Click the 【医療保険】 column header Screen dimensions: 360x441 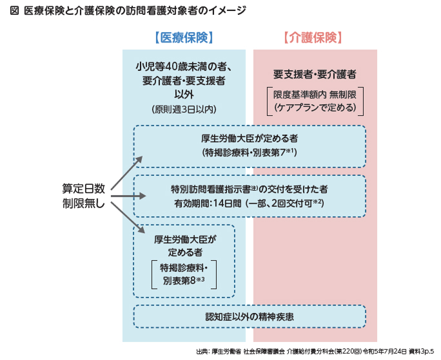point(184,37)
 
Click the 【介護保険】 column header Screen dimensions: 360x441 point(315,37)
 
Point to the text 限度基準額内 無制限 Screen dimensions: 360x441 point(315,94)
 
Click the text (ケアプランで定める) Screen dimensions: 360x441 point(315,108)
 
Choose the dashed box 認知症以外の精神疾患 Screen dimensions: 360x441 point(250,316)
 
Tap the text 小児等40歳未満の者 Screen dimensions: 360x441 point(184,66)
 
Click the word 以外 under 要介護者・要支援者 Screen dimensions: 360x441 point(184,94)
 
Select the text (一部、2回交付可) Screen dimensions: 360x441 point(284,204)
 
